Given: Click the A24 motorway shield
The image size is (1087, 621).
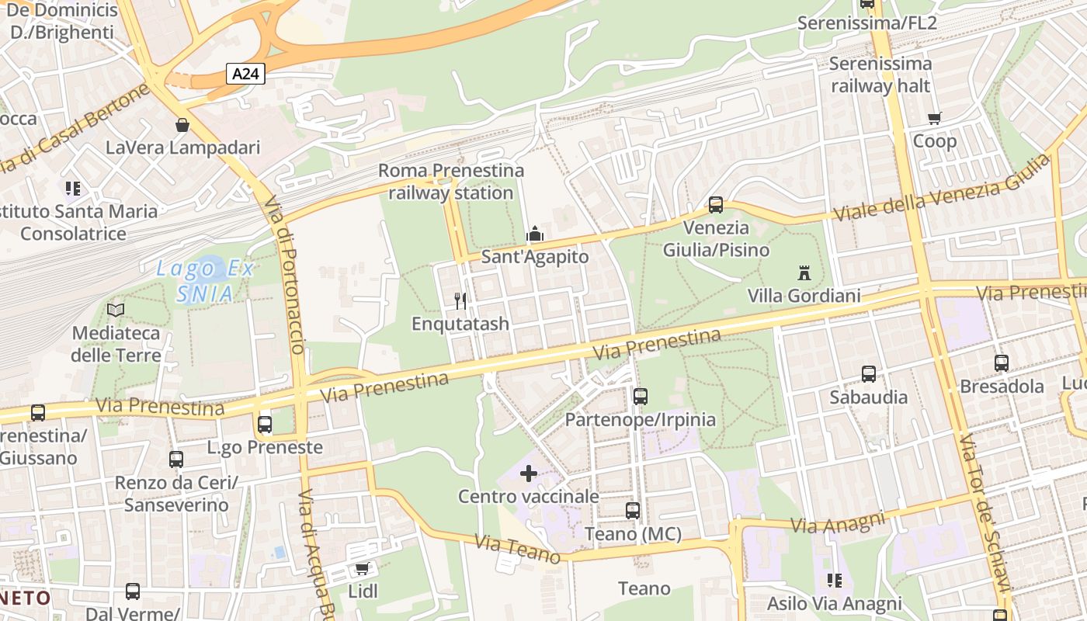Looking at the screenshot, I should [246, 74].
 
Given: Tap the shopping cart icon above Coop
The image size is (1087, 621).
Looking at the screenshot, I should [934, 119].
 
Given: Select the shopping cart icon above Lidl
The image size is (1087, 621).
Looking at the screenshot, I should [362, 569].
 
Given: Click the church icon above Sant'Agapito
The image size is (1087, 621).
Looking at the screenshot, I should [534, 234].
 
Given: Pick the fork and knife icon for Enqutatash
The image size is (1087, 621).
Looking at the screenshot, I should [460, 300].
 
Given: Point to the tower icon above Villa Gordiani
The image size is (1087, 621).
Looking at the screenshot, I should [804, 273].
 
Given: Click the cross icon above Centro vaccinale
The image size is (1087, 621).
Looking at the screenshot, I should [529, 474].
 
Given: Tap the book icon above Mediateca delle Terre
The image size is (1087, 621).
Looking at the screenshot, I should [116, 310].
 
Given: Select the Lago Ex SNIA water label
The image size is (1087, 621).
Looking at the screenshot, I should [204, 281].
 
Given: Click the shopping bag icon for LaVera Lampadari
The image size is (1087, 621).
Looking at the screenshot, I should [182, 125].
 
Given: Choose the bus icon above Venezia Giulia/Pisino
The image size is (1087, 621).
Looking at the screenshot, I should [715, 205].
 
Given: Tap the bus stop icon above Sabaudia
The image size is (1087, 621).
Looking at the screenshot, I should [868, 374].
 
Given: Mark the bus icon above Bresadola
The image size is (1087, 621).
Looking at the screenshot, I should [1001, 363].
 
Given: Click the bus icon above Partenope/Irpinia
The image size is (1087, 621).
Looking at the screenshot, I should [640, 397].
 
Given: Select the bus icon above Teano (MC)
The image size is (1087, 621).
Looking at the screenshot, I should [632, 511].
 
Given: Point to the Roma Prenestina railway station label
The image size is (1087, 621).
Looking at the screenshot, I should [451, 182].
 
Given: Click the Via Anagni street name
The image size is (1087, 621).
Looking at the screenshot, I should [838, 522].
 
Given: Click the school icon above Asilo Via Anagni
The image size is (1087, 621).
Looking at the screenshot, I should [834, 581].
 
